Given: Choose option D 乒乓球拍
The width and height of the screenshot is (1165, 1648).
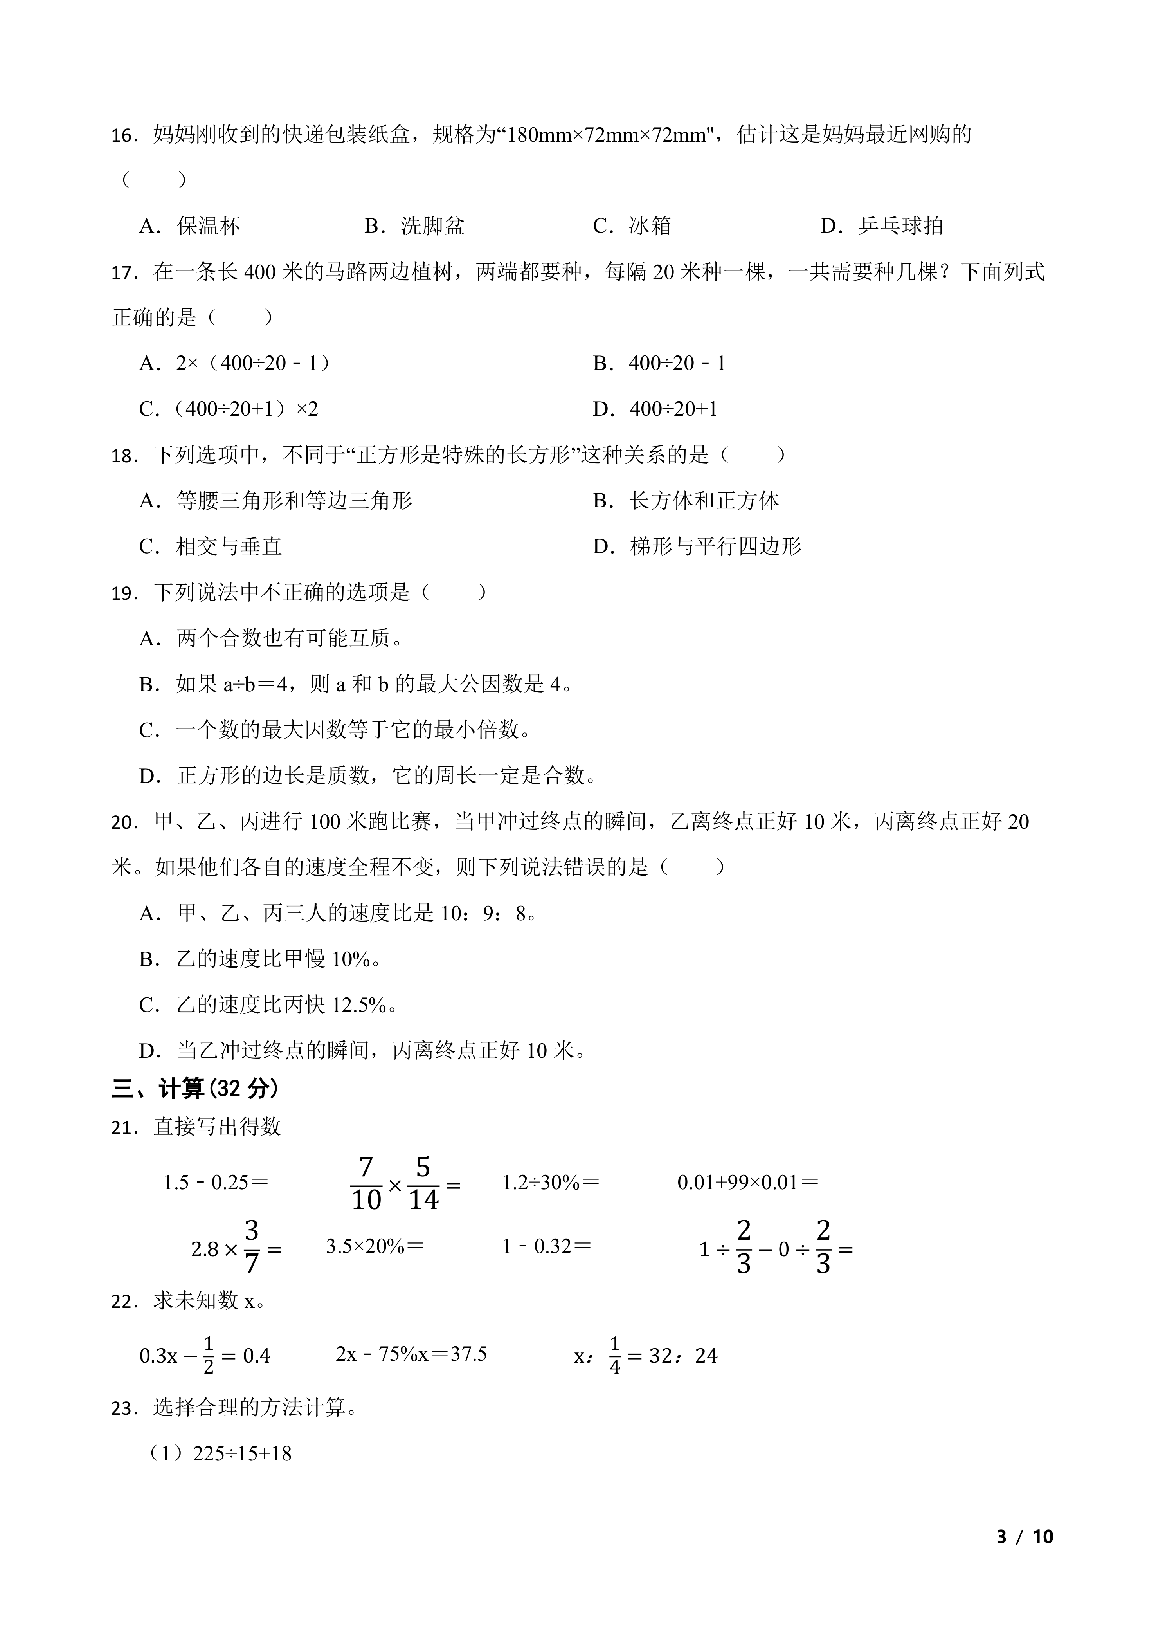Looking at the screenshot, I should [x=882, y=226].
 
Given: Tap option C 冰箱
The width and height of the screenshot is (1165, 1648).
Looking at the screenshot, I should [x=631, y=226].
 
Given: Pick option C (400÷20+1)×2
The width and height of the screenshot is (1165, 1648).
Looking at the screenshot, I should [x=228, y=409].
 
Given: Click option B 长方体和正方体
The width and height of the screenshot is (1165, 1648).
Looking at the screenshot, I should [x=686, y=501].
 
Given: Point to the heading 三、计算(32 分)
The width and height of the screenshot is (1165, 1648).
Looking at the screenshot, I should [x=194, y=1089].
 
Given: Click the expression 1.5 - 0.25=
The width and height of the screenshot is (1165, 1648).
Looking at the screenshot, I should [x=215, y=1182].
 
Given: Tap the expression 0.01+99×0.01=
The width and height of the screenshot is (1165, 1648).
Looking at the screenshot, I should [x=747, y=1182].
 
